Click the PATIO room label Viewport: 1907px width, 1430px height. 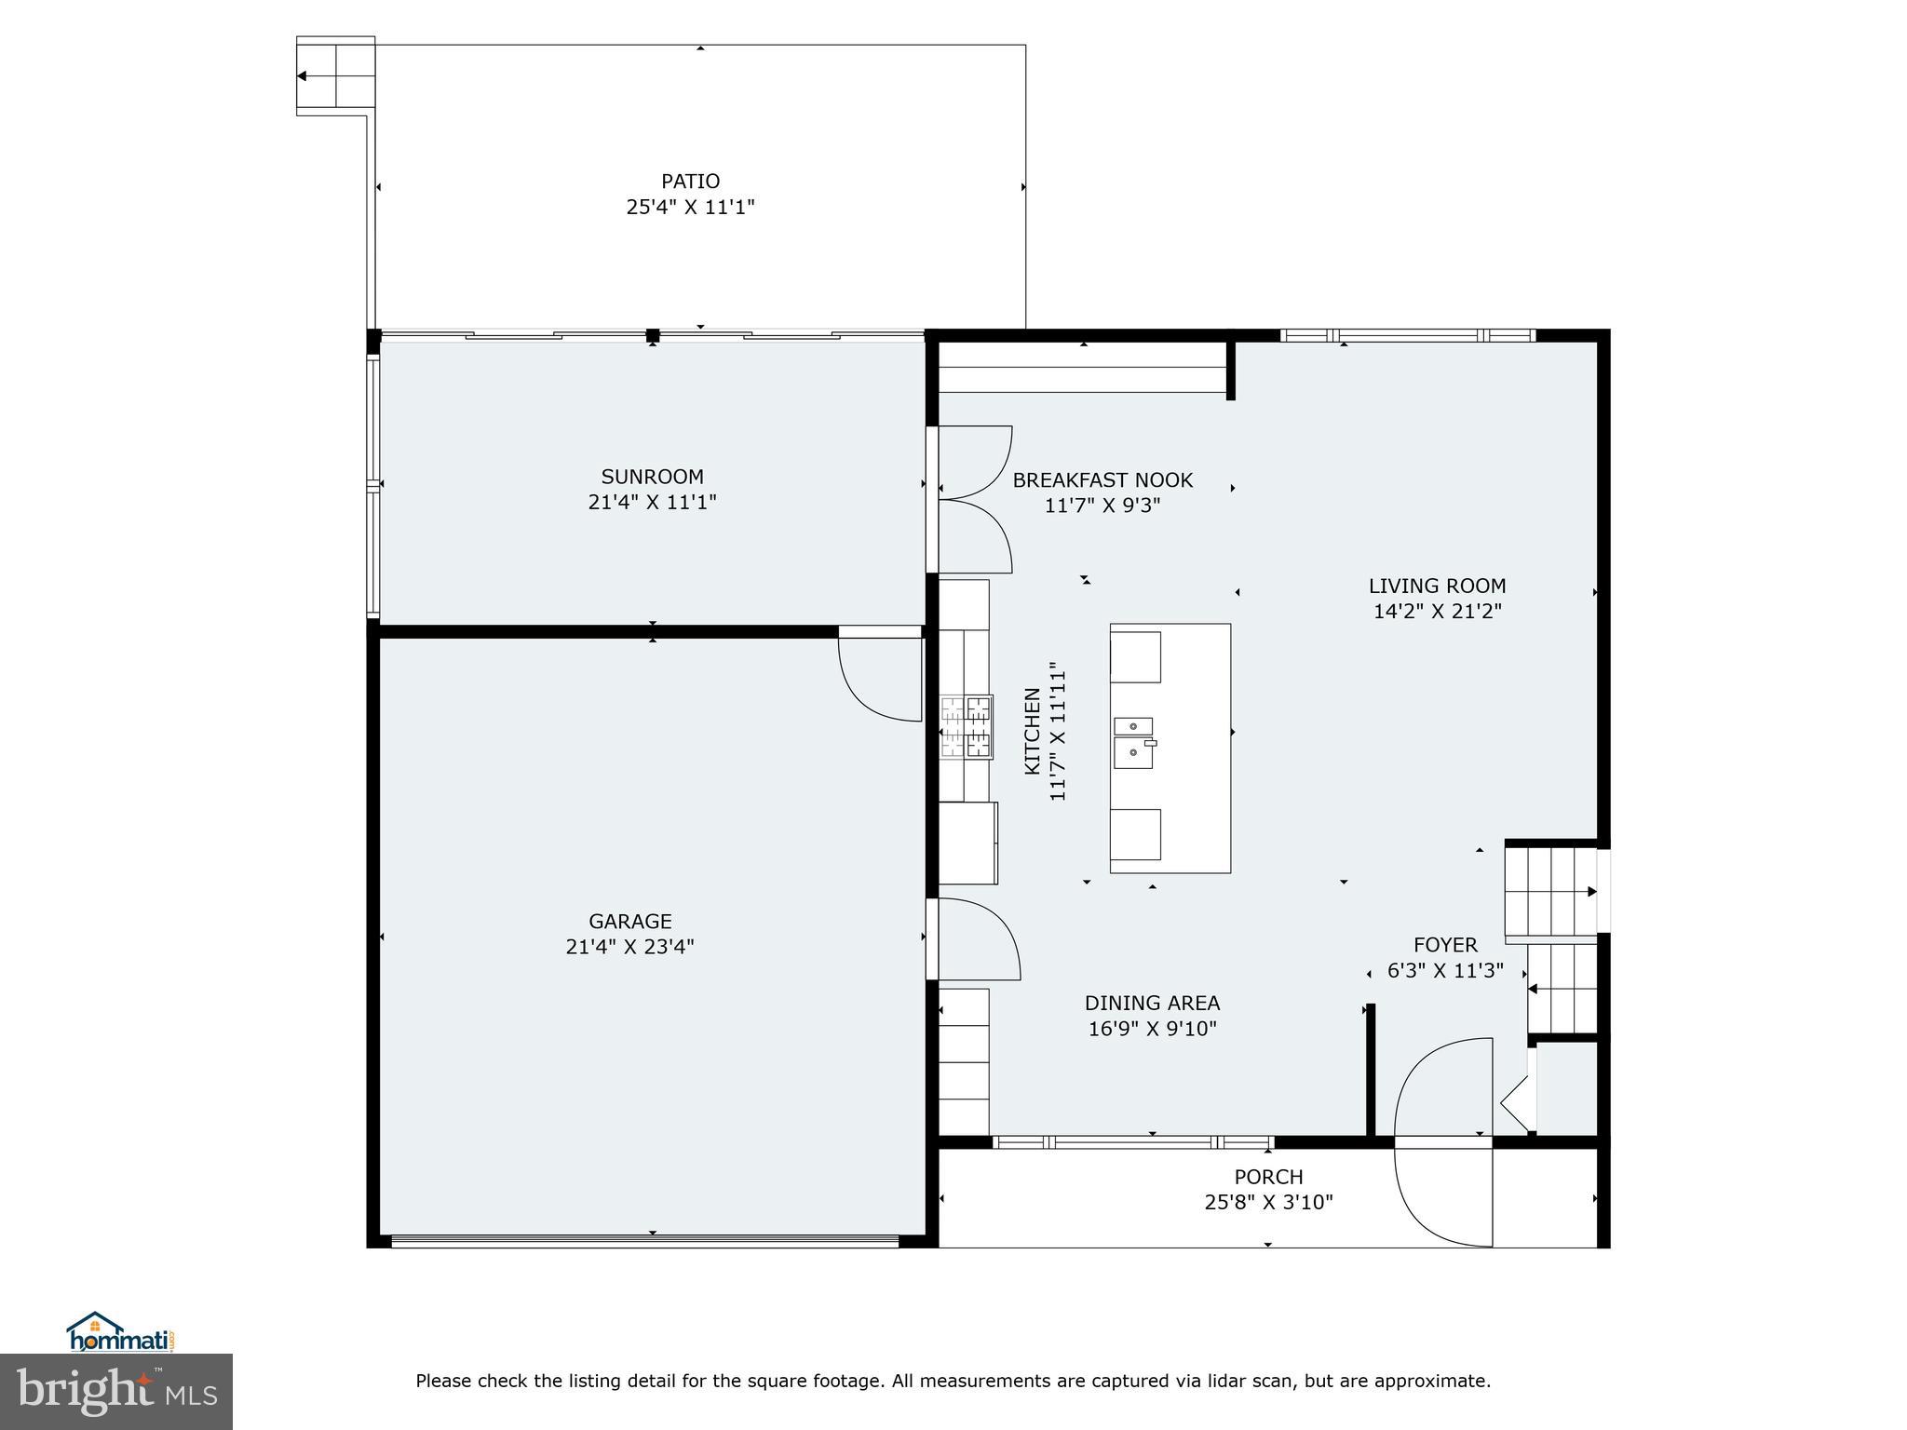point(690,182)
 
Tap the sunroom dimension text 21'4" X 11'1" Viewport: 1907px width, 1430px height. point(652,503)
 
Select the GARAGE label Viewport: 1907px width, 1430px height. point(629,921)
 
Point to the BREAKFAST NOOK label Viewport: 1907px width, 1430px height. point(1102,480)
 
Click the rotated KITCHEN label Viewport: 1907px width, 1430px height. point(1032,731)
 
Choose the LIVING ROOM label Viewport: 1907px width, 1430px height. point(1437,586)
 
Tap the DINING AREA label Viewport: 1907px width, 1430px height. point(1152,1003)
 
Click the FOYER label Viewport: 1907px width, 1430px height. point(1445,945)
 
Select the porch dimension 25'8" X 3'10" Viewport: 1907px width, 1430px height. point(1268,1202)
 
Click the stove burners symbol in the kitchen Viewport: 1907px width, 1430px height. point(966,727)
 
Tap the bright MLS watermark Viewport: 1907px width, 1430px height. point(115,1391)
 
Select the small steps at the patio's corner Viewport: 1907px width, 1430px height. point(335,76)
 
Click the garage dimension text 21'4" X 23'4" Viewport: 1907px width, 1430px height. point(629,947)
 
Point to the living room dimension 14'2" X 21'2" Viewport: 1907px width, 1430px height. point(1437,612)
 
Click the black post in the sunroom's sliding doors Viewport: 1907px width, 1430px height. point(653,335)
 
